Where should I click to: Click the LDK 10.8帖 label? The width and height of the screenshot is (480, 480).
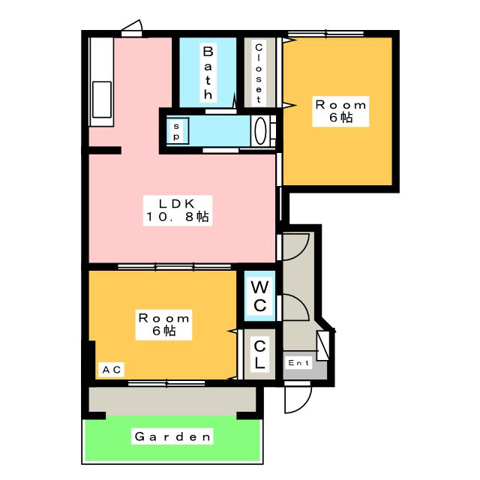point(178,211)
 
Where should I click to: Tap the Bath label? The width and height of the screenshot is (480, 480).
point(208,73)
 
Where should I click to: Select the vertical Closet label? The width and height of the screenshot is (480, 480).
point(259,73)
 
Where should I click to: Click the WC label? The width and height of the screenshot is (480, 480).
point(260,296)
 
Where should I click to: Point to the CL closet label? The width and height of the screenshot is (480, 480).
point(259,354)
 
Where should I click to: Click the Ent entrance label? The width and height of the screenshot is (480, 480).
point(298,363)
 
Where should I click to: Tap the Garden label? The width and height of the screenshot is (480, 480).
point(172,436)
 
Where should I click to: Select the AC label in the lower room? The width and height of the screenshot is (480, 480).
point(112,370)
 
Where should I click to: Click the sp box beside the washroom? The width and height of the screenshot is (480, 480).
point(177,131)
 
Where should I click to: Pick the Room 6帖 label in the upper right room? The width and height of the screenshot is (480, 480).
point(340,112)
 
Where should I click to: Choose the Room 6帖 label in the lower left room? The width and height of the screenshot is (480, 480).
point(163,325)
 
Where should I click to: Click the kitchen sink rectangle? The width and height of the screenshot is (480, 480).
point(102,100)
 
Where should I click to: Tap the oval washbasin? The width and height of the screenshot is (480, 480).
point(260,130)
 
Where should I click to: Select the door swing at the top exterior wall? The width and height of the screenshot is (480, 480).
point(132,28)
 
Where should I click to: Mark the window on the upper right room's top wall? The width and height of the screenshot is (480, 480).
point(326,33)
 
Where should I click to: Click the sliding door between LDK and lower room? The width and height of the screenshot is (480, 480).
point(174,267)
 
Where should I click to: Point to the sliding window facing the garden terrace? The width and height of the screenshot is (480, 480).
point(166,383)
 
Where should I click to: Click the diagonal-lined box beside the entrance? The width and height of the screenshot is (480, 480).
point(322,346)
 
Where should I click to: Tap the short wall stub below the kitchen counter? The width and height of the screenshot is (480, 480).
point(105,150)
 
